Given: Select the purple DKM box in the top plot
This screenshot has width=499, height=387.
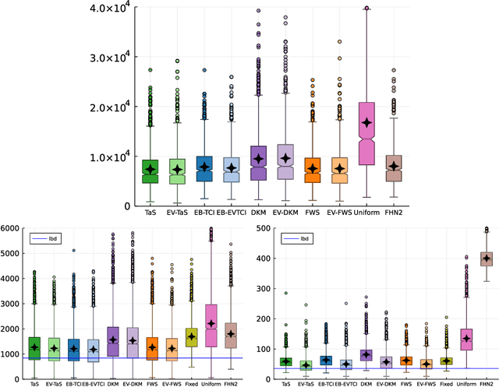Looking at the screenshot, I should pos(258,163).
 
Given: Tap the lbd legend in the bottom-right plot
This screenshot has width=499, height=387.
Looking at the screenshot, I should pos(303,237).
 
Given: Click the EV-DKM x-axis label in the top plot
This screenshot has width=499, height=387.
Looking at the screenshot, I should pos(287,212).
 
